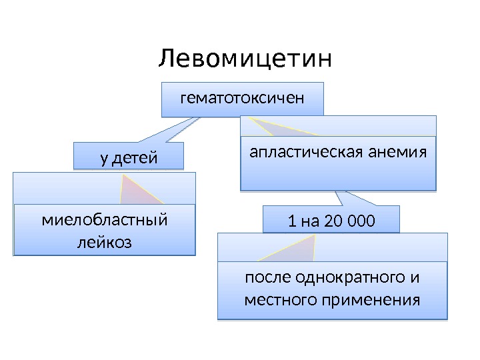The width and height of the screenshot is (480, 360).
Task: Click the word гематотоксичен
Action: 243,99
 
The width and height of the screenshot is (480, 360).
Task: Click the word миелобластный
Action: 105,219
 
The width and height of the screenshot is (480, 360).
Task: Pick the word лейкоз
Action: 105,241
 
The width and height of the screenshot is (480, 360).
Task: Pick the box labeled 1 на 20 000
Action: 331,220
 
